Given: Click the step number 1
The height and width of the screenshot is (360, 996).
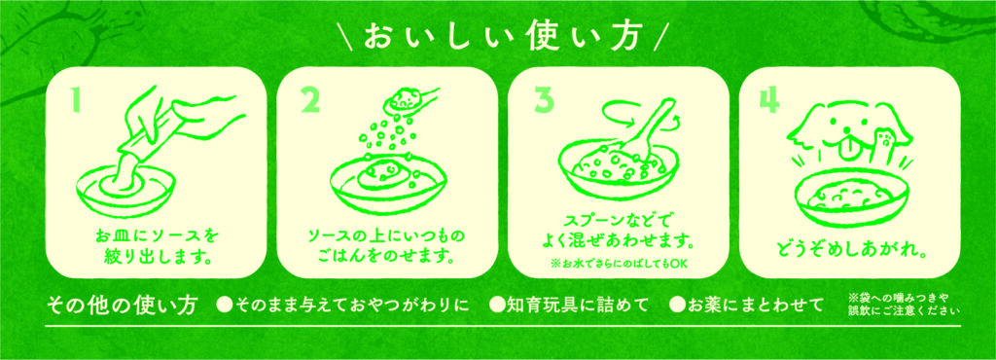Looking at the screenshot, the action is [77, 99].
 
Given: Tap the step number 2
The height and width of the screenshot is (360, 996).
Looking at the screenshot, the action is [310, 99].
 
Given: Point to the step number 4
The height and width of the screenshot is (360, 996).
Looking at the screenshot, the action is [770, 100].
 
